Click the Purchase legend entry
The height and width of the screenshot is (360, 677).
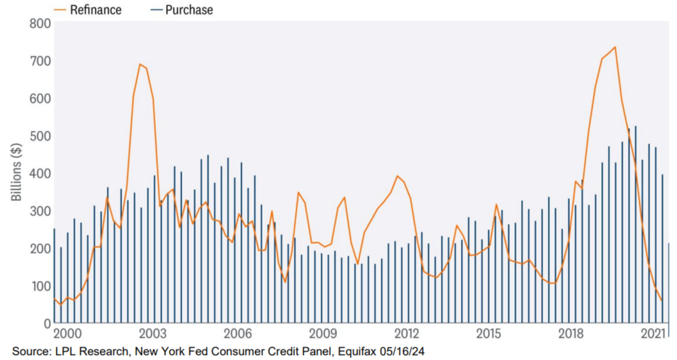[181, 10]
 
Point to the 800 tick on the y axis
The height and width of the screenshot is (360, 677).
[39, 24]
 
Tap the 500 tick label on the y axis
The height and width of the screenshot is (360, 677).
[39, 136]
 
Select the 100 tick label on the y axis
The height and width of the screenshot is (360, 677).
[39, 286]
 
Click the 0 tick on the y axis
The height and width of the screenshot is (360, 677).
[45, 324]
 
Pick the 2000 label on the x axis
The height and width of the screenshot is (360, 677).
[68, 333]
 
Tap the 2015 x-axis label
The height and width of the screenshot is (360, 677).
[488, 333]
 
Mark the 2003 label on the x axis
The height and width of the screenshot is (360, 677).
[152, 333]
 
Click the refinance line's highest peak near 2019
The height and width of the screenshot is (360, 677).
[615, 47]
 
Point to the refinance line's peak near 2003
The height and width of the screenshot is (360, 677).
[140, 64]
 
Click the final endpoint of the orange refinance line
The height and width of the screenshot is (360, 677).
[662, 300]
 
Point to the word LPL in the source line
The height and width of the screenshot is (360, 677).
[63, 352]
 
